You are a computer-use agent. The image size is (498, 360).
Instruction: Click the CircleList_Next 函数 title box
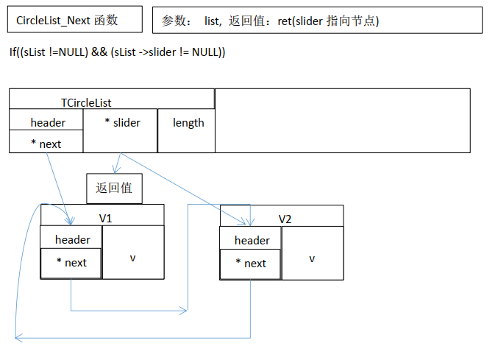point(74,21)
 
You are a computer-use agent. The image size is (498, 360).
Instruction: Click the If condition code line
point(117,52)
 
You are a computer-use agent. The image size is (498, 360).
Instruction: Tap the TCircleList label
point(86,103)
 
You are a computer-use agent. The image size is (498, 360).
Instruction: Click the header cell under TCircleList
point(47,122)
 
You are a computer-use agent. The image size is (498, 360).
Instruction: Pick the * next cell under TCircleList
point(46,144)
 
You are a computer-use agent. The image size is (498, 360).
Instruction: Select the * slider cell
point(121,122)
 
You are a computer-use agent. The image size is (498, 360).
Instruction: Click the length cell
point(188,122)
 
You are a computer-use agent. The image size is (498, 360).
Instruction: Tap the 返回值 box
point(114,188)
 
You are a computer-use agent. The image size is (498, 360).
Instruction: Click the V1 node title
point(105,218)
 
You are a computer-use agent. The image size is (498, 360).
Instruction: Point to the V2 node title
point(285,219)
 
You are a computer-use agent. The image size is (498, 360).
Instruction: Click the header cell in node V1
point(72,239)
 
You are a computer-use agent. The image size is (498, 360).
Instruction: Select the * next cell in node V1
point(71,263)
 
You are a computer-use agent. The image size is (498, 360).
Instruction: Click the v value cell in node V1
point(133,257)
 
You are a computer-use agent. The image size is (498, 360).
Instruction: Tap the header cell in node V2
point(252,240)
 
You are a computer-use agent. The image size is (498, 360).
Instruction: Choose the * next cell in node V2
point(251,264)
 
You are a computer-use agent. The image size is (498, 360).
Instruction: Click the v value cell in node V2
point(312,258)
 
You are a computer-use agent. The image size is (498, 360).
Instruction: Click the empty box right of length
point(342,121)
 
